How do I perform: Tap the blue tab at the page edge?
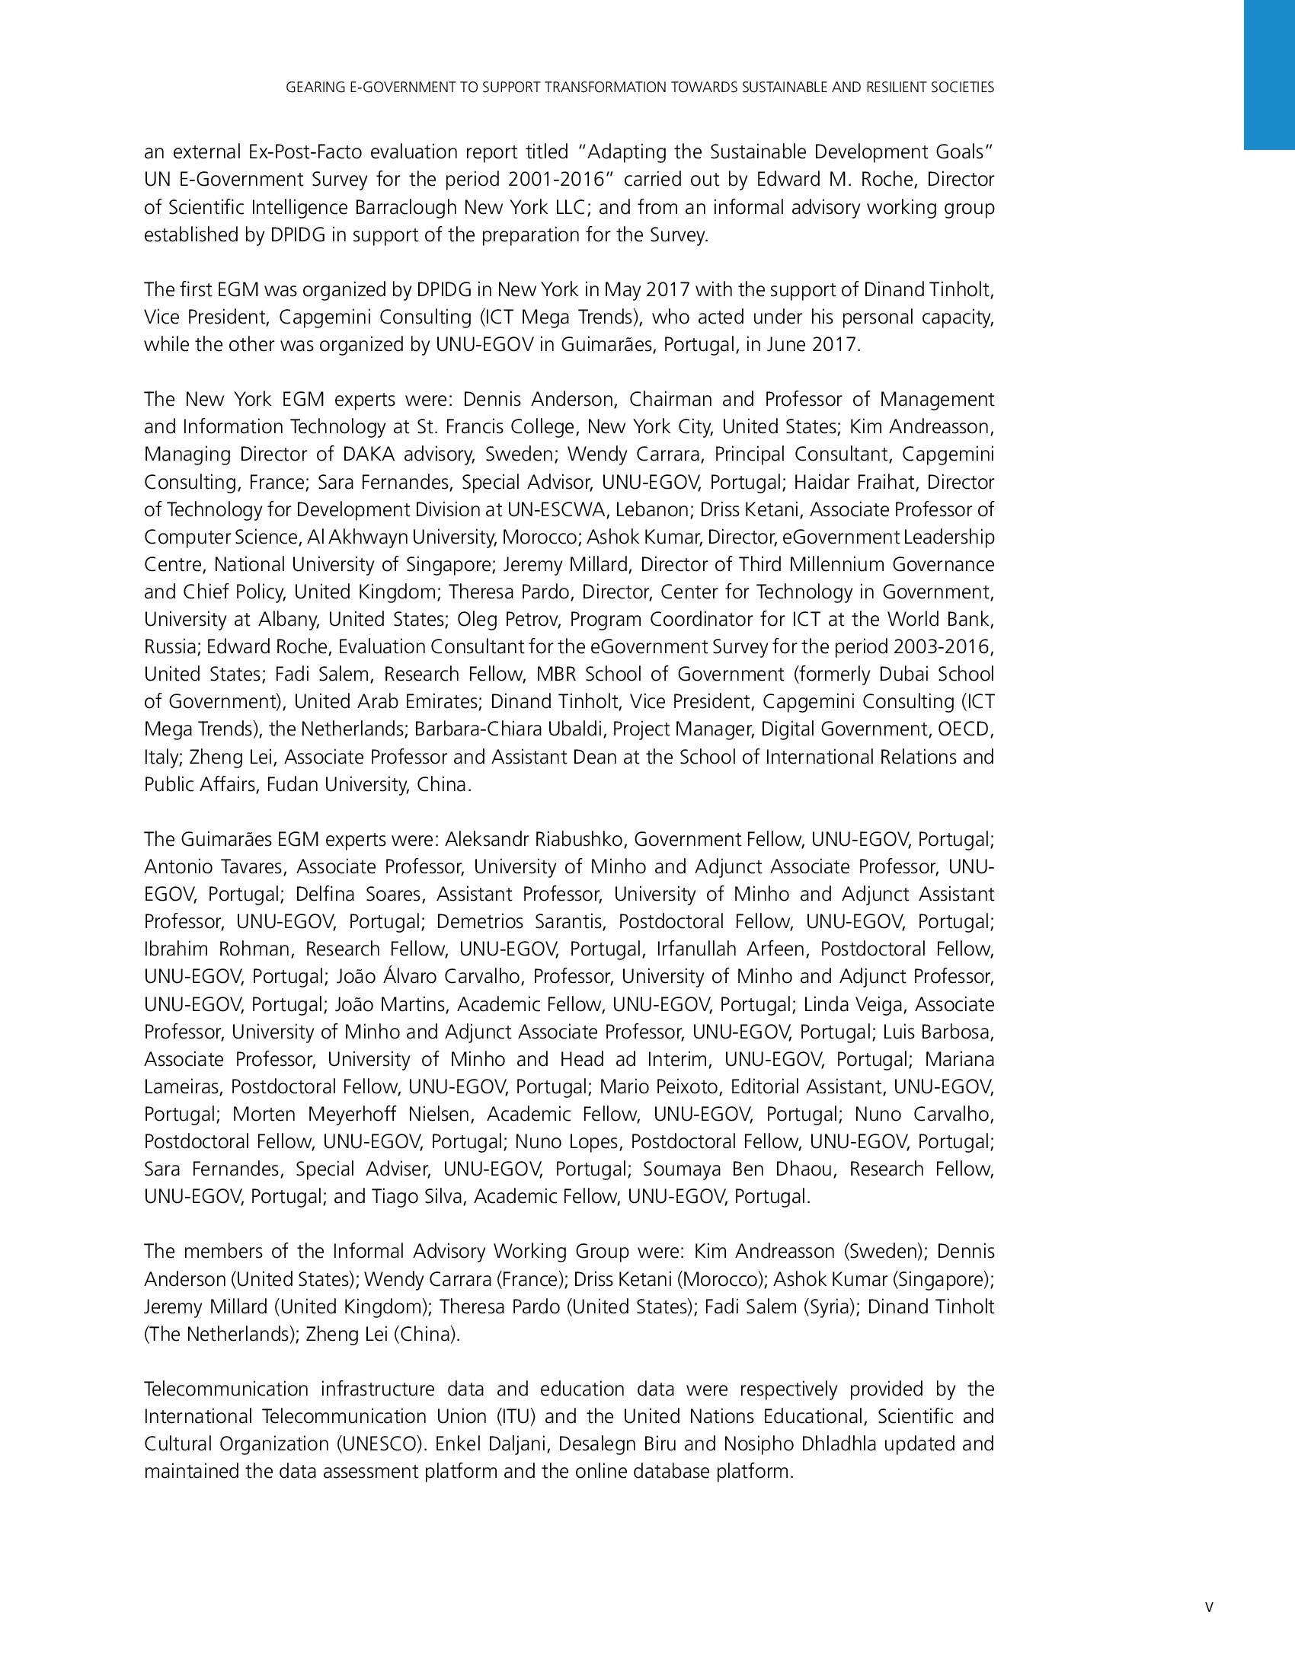coord(1269,75)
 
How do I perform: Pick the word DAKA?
coord(368,454)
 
